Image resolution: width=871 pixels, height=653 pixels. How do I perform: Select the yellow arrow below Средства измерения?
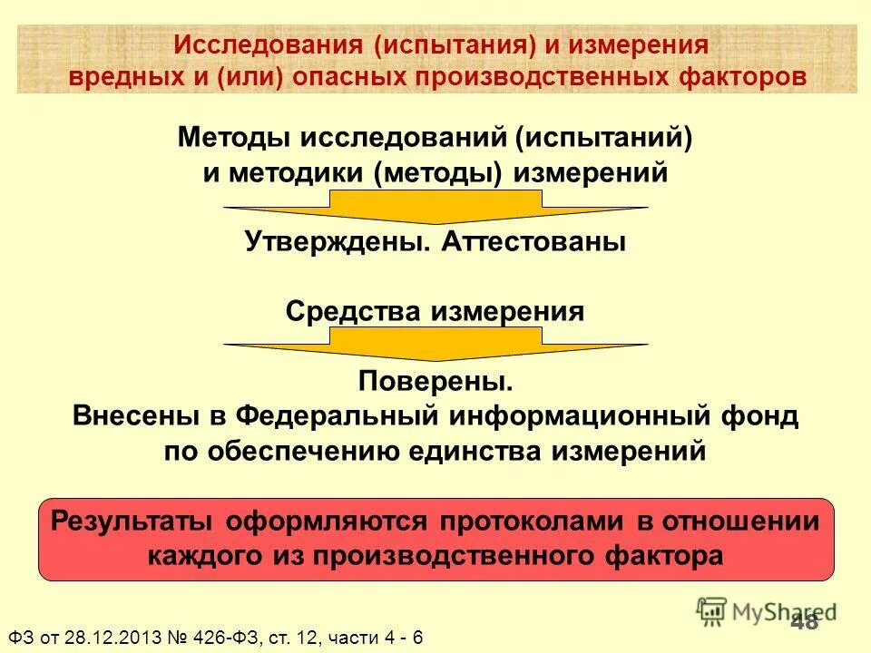coord(435,346)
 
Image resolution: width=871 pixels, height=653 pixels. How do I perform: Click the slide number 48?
coord(804,621)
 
